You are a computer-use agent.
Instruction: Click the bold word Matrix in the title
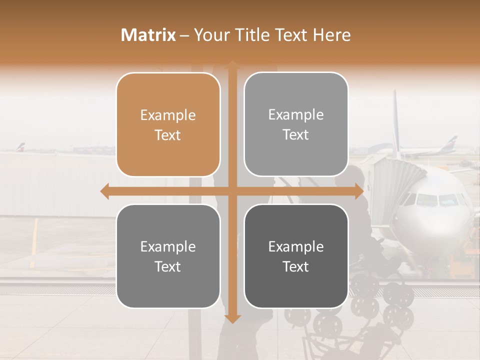pyautogui.click(x=148, y=35)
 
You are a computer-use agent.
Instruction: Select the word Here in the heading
pyautogui.click(x=331, y=35)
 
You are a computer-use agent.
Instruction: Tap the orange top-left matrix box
pyautogui.click(x=168, y=124)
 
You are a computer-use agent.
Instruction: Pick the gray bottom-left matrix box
pyautogui.click(x=168, y=256)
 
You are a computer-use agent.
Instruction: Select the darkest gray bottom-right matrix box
pyautogui.click(x=296, y=256)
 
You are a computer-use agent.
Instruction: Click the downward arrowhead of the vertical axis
pyautogui.click(x=232, y=319)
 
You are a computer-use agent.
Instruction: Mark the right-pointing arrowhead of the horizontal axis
pyautogui.click(x=359, y=191)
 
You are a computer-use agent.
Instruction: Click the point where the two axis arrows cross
pyautogui.click(x=232, y=191)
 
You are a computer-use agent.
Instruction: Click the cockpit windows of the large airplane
pyautogui.click(x=437, y=200)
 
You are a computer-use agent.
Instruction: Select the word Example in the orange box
pyautogui.click(x=168, y=115)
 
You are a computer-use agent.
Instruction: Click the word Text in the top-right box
pyautogui.click(x=296, y=134)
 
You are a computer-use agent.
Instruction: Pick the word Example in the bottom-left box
pyautogui.click(x=168, y=246)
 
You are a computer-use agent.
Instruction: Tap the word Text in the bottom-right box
pyautogui.click(x=296, y=266)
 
